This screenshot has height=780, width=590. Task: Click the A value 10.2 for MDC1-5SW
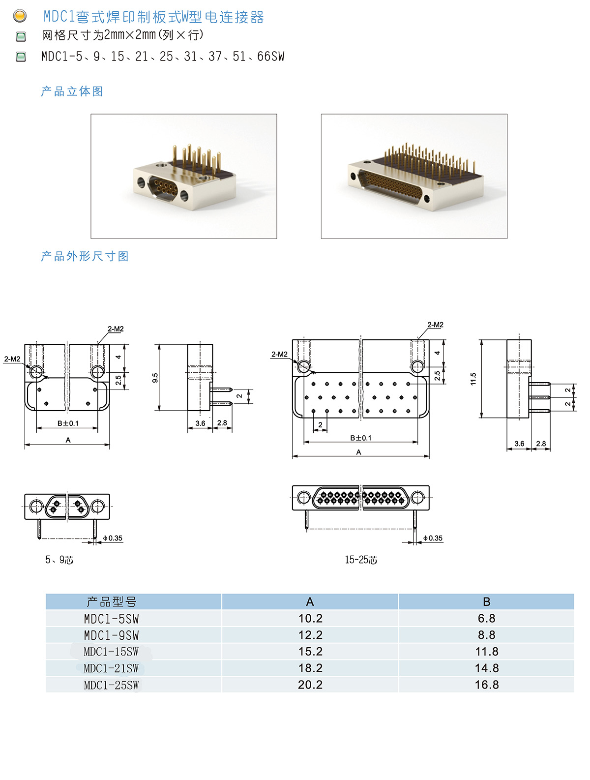click(x=310, y=618)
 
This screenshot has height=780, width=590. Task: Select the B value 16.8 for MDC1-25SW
click(x=486, y=685)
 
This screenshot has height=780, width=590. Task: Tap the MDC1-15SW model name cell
click(x=111, y=652)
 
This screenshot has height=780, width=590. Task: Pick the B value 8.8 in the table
click(x=486, y=635)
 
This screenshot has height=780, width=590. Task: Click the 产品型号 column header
click(x=111, y=601)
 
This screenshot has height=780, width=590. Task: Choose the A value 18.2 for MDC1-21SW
click(x=310, y=668)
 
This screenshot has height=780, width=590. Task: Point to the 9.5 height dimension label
click(x=155, y=378)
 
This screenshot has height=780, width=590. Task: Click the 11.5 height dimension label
click(x=473, y=379)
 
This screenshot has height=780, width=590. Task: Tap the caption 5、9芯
click(x=59, y=560)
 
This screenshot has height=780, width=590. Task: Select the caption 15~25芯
click(x=361, y=560)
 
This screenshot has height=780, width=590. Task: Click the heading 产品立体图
click(x=72, y=91)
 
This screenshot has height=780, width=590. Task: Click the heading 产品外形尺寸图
click(x=85, y=256)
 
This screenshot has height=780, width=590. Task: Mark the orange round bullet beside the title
click(x=20, y=16)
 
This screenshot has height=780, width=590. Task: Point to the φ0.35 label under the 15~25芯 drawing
click(x=433, y=538)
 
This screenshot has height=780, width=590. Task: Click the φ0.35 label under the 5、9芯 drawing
click(x=113, y=538)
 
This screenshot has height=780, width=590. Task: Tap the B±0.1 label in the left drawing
click(x=68, y=423)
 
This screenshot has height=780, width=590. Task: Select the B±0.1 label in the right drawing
click(x=361, y=438)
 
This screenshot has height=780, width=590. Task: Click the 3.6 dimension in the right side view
click(x=519, y=444)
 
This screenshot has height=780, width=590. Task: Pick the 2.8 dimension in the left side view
click(x=222, y=423)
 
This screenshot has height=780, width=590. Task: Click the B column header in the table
click(x=486, y=601)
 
